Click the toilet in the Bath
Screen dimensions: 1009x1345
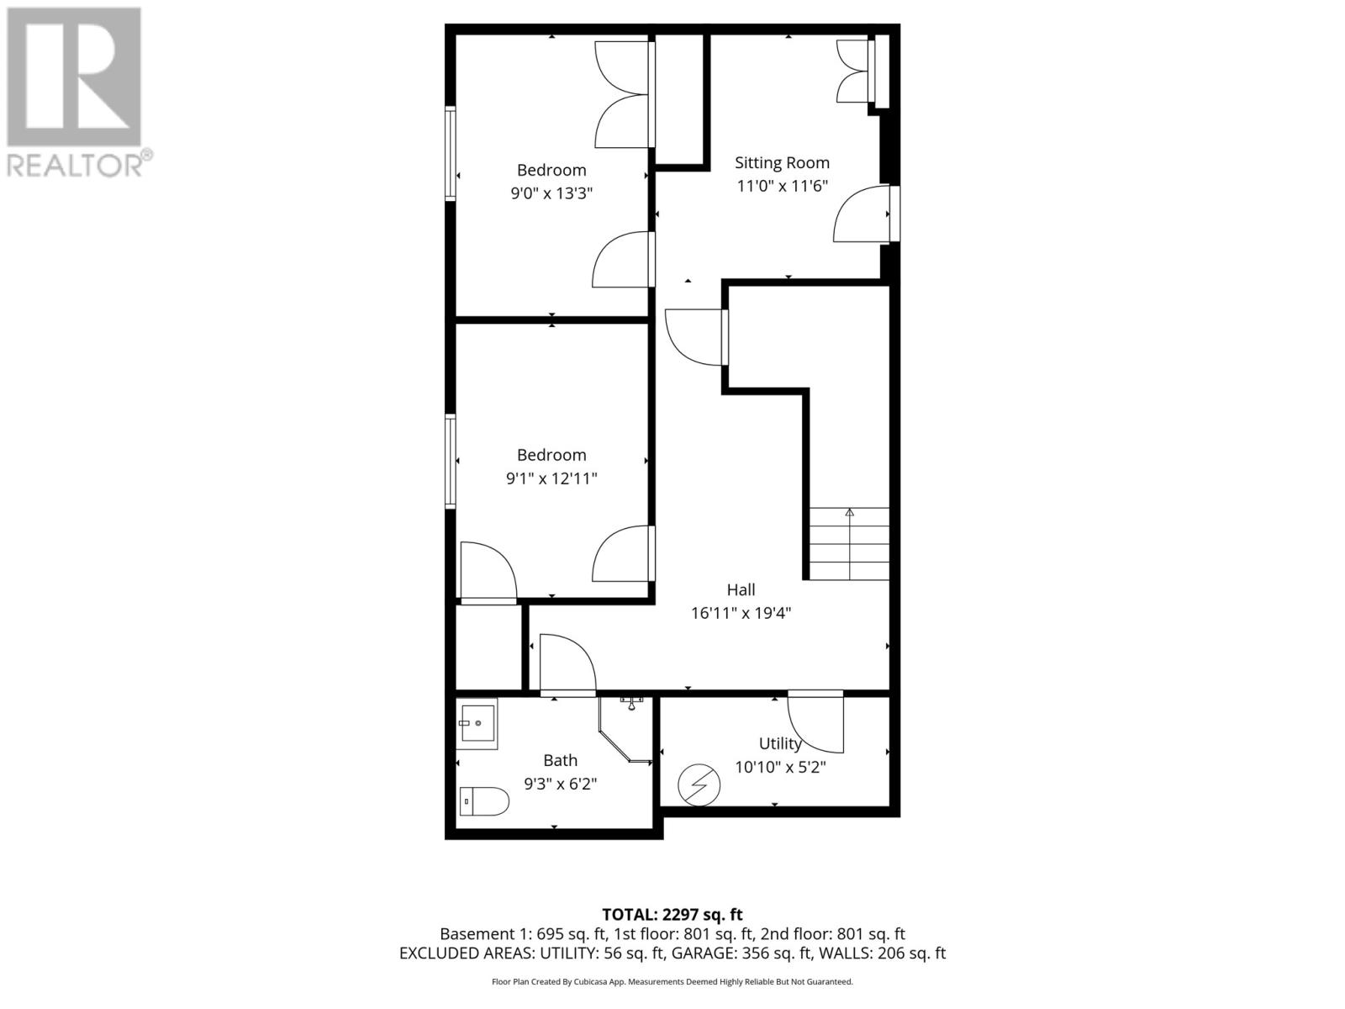tap(485, 801)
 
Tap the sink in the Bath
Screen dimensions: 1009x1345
tap(477, 723)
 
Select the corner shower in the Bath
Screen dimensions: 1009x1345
tap(626, 729)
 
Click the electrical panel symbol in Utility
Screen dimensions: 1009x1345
tap(699, 784)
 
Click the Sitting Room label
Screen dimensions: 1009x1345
tap(782, 163)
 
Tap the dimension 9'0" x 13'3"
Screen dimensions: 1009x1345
tap(551, 193)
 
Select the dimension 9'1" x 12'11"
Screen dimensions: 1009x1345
tap(551, 478)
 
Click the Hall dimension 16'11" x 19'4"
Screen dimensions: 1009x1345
tap(741, 613)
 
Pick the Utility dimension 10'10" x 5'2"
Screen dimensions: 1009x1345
tap(780, 767)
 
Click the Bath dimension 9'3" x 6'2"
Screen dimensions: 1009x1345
tap(560, 784)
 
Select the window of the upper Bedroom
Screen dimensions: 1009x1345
tap(451, 153)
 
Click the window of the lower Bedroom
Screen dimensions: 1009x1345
tap(451, 461)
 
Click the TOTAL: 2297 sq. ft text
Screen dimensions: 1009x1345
tap(672, 914)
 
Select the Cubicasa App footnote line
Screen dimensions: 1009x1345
tap(672, 981)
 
